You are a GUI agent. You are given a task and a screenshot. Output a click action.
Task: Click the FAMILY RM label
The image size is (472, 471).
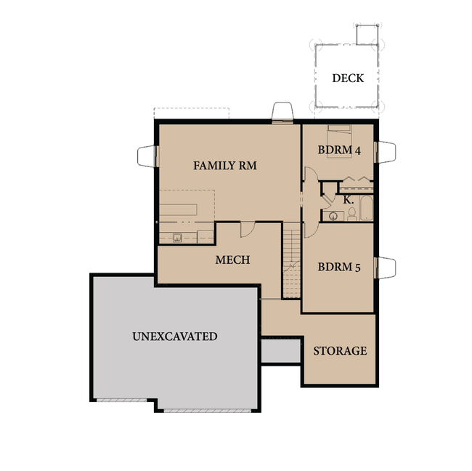[224, 166]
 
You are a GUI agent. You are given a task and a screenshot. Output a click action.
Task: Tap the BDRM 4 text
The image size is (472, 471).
[339, 150]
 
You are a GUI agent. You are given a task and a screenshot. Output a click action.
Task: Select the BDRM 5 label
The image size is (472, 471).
[339, 267]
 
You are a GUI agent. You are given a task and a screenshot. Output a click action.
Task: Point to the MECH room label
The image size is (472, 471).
[232, 259]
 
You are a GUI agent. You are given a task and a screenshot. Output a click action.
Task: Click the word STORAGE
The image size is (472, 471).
[339, 351]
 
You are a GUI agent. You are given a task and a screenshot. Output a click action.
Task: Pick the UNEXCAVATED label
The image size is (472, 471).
[174, 337]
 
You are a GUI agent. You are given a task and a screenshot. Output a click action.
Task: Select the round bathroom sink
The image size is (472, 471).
[334, 215]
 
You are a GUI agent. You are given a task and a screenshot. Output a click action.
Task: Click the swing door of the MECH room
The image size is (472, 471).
[248, 228]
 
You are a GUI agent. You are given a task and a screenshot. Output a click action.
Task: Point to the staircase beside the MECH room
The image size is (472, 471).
[291, 262]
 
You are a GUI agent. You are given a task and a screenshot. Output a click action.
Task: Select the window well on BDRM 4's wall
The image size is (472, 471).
[386, 152]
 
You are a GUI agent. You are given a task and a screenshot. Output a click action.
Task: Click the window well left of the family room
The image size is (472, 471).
[147, 155]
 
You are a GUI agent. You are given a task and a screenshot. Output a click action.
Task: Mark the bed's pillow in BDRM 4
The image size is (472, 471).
[338, 130]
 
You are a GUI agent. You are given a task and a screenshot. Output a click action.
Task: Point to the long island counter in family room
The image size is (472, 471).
[187, 210]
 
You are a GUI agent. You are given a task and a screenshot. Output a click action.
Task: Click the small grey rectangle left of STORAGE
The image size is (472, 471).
[280, 351]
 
